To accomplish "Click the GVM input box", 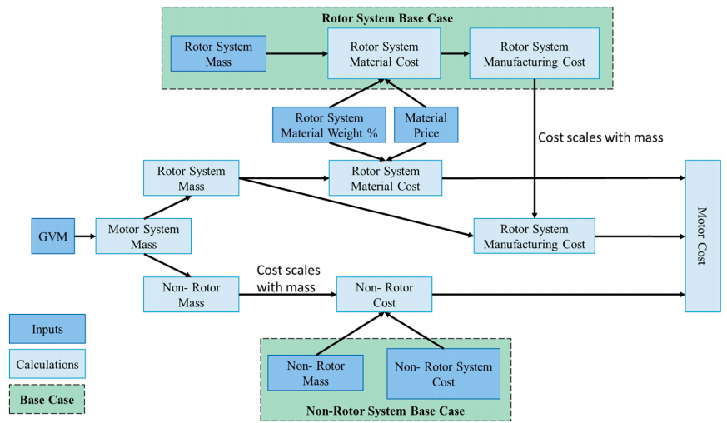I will pyautogui.click(x=52, y=236).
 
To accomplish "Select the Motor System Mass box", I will pyautogui.click(x=142, y=236).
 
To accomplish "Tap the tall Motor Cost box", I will pyautogui.click(x=703, y=235).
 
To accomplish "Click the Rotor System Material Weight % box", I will pyautogui.click(x=329, y=125).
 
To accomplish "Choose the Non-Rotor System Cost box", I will pyautogui.click(x=443, y=374).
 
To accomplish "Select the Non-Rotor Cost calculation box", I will pyautogui.click(x=384, y=295).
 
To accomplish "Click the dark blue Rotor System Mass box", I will pyautogui.click(x=217, y=54).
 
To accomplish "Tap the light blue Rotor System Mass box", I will pyautogui.click(x=191, y=178).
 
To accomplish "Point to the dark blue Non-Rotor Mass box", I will pyautogui.click(x=316, y=373).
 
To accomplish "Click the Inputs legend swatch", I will pyautogui.click(x=47, y=329).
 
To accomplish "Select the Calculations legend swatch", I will pyautogui.click(x=47, y=364).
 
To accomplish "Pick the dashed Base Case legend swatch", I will pyautogui.click(x=47, y=399).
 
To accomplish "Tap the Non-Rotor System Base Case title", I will pyautogui.click(x=386, y=411).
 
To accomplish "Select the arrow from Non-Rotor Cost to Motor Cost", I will pyautogui.click(x=558, y=294).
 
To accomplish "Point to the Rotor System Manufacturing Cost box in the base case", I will pyautogui.click(x=534, y=54).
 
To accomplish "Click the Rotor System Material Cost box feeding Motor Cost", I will pyautogui.click(x=385, y=178).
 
